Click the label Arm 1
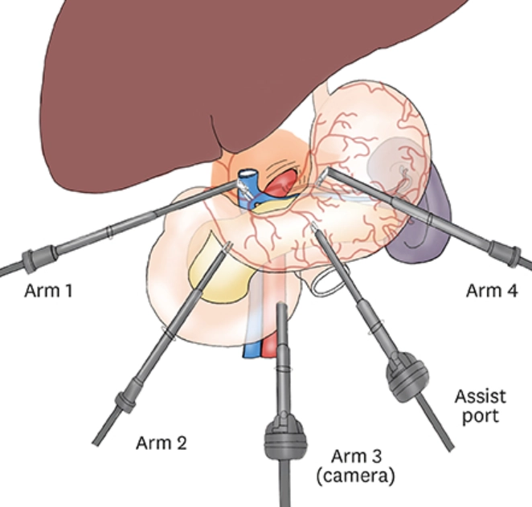point(48,291)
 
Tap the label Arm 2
point(162,443)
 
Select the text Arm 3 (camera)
point(356,466)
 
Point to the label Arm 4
point(492,290)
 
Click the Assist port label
point(480,407)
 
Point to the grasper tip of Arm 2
point(229,245)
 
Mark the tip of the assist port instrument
point(313,227)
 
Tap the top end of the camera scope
point(281,305)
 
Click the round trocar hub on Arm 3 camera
point(285,437)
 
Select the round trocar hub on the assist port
point(407,377)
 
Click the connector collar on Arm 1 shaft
point(38,257)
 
